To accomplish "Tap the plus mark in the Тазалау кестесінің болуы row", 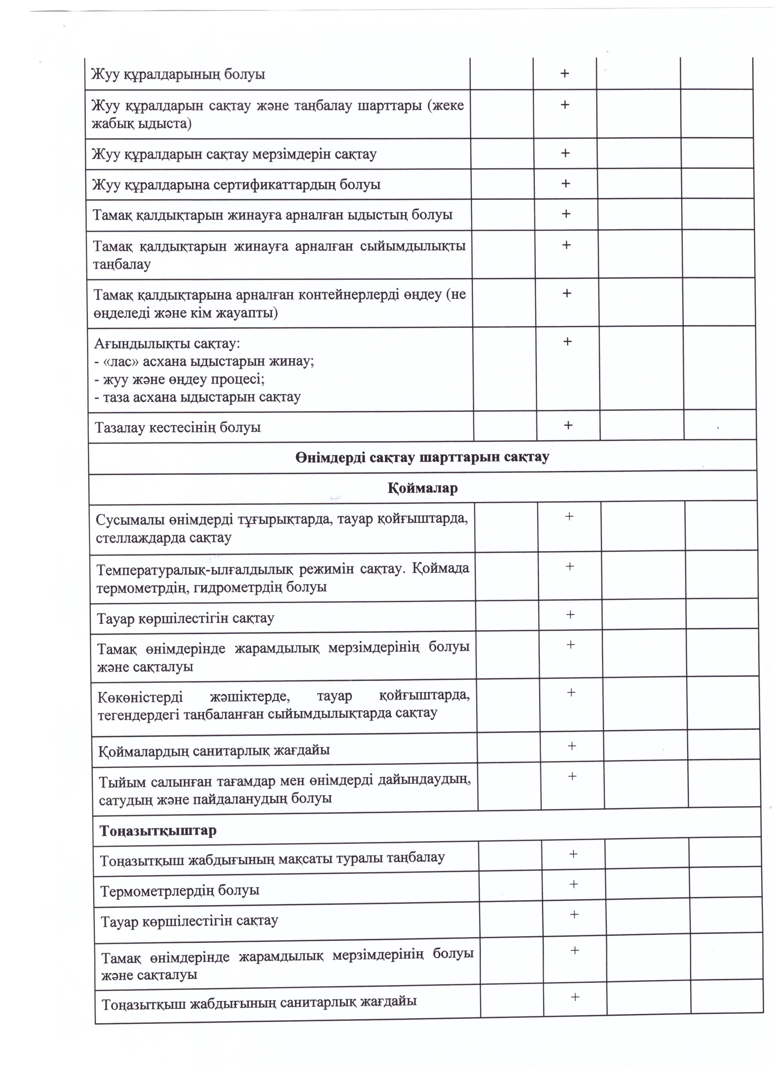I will click(x=568, y=425).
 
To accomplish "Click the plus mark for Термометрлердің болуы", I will click(x=574, y=884).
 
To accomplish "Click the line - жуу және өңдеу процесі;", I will click(x=180, y=379).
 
